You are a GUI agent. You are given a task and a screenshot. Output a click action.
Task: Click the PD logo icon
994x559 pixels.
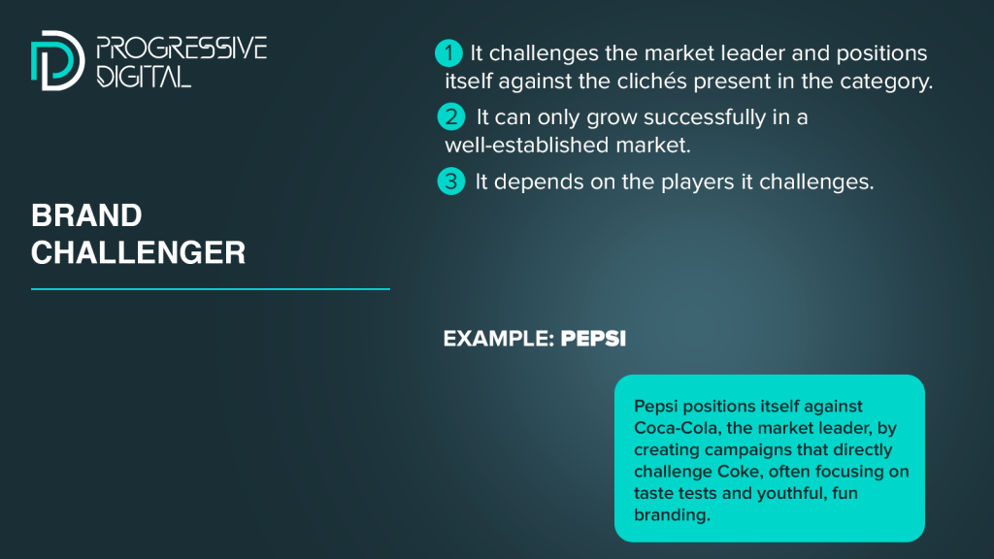point(57,60)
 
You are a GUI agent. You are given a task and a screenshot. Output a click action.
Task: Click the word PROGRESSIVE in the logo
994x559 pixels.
point(182,49)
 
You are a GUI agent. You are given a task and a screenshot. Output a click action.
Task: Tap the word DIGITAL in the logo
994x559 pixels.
point(144,76)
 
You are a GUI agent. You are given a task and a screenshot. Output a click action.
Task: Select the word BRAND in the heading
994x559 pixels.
point(86,215)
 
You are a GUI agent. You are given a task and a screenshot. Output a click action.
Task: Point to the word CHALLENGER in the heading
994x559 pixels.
point(138,253)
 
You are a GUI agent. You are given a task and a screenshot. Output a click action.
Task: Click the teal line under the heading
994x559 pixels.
point(211,289)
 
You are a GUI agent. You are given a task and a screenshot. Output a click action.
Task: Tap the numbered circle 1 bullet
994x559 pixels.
point(448,53)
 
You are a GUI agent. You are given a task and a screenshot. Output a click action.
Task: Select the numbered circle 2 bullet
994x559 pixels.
point(451,117)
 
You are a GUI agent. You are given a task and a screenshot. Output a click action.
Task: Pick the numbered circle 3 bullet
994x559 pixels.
point(451,181)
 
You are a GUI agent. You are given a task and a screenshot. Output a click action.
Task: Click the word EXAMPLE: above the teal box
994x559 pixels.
point(499,339)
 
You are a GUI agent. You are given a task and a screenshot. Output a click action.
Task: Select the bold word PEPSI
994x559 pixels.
point(593,339)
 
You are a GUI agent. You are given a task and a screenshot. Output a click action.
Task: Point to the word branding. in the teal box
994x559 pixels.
point(672,514)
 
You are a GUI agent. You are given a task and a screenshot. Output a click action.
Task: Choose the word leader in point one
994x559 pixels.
point(746,53)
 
